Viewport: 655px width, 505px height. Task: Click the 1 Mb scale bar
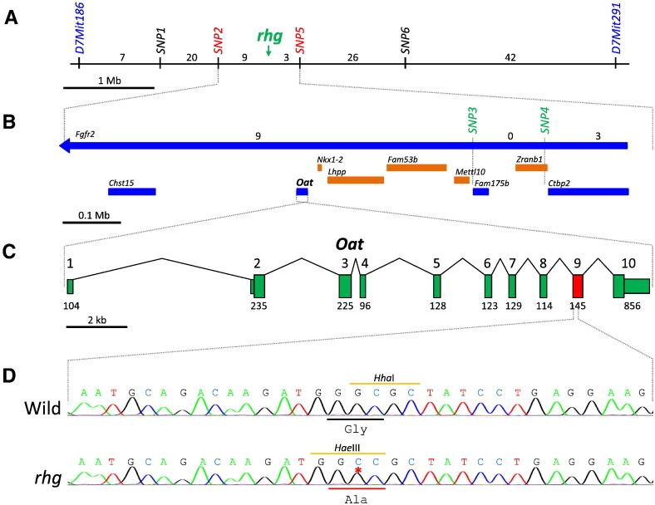coord(109,86)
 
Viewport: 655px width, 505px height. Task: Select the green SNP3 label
coord(472,120)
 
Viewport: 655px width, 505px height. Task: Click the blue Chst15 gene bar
coord(131,192)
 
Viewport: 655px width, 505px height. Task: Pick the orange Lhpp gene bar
coord(355,180)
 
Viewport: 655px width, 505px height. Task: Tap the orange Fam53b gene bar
coord(416,168)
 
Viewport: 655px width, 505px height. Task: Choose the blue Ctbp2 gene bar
coord(588,192)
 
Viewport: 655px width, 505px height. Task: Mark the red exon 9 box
coord(578,287)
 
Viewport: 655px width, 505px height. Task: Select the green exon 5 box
coord(436,287)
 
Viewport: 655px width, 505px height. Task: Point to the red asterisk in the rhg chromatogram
coord(357,471)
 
